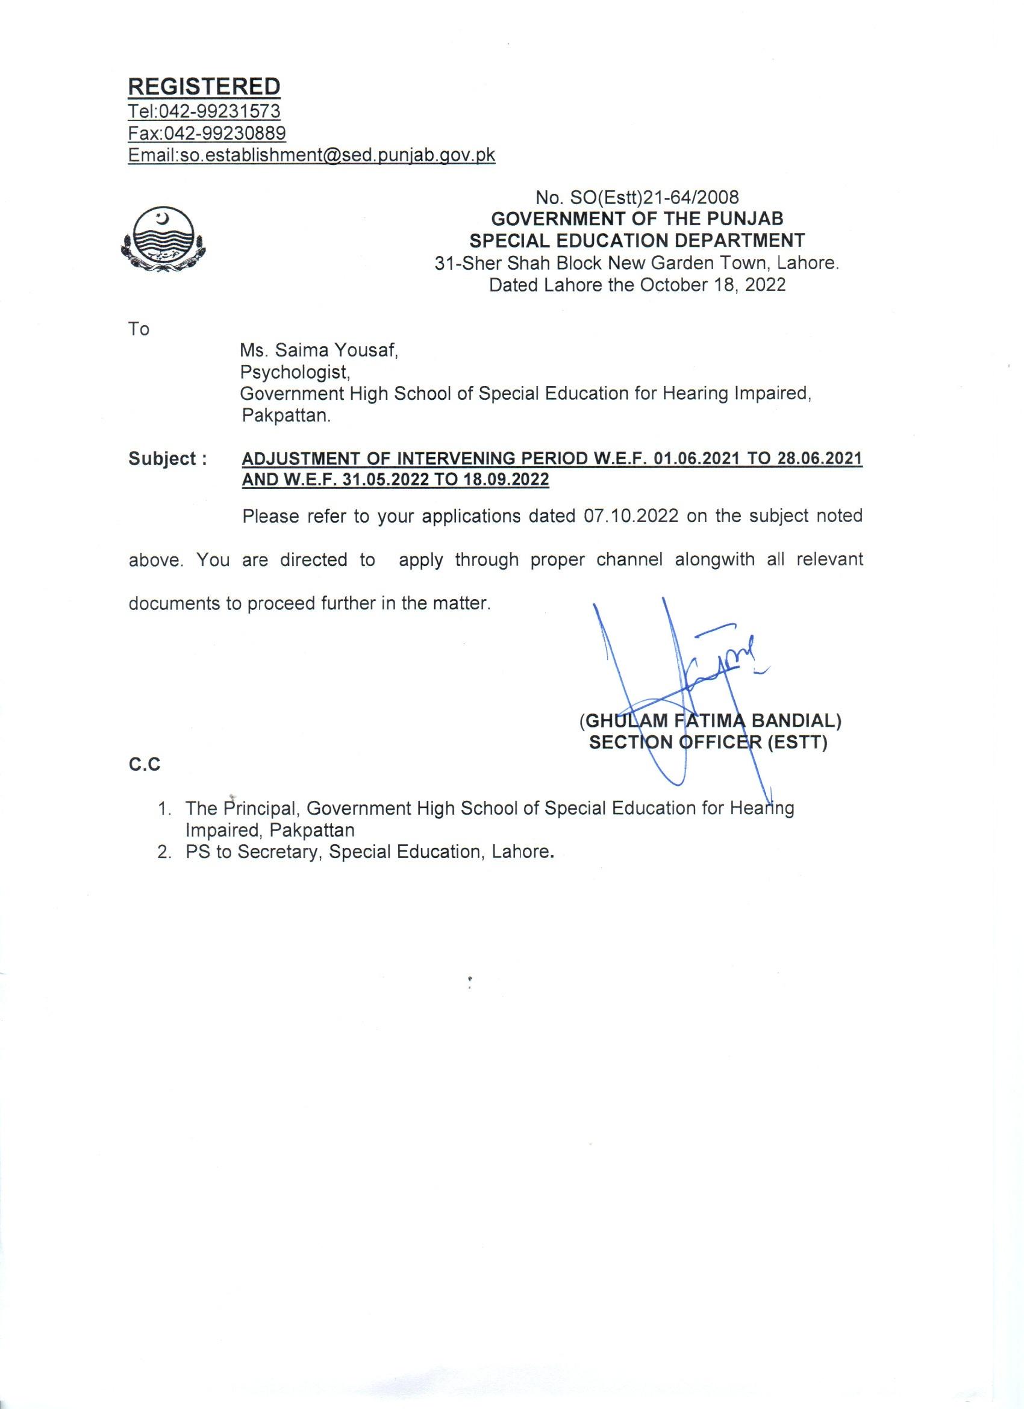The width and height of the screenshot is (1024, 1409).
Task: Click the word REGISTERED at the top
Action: click(x=204, y=86)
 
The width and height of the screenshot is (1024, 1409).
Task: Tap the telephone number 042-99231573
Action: click(x=220, y=112)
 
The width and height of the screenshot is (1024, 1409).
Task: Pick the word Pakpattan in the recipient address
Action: click(x=286, y=415)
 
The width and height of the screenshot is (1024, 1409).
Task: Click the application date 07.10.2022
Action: click(x=631, y=515)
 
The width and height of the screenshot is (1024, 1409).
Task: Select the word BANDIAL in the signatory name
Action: click(x=795, y=721)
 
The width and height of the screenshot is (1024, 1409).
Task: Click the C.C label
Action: click(x=144, y=765)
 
